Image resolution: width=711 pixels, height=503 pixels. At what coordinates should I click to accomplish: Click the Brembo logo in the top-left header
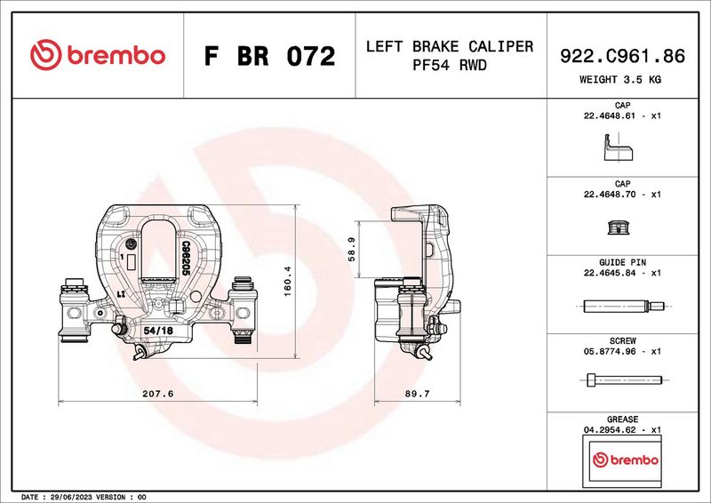(98, 55)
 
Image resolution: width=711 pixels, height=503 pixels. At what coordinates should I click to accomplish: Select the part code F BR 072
(269, 57)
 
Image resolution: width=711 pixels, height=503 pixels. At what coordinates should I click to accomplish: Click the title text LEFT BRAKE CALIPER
(449, 46)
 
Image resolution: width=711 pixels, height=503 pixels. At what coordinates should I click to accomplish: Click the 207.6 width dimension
(156, 393)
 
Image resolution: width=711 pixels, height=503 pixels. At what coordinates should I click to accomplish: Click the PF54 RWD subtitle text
(449, 67)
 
